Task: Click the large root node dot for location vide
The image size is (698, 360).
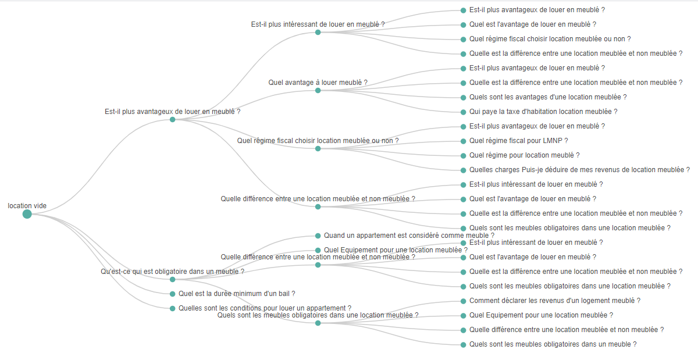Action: (x=27, y=214)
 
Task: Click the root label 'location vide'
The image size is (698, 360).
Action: (x=27, y=206)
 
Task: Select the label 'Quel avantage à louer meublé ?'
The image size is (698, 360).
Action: (x=318, y=83)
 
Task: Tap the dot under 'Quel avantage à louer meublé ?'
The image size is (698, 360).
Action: (x=318, y=90)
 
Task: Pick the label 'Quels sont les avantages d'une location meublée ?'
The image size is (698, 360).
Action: (x=548, y=97)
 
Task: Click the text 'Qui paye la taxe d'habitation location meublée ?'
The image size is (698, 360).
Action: (x=543, y=112)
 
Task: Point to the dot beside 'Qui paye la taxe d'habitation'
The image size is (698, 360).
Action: (x=463, y=112)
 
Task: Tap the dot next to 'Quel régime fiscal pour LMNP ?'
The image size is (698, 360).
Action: (x=463, y=141)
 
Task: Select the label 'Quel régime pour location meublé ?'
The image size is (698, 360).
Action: (x=524, y=155)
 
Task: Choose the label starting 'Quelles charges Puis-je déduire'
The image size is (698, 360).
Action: (x=579, y=170)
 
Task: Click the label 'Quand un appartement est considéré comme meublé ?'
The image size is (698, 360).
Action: (x=409, y=236)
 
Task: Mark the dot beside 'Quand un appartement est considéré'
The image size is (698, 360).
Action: (x=318, y=236)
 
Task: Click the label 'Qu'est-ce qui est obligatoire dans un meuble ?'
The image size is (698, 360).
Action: (x=172, y=272)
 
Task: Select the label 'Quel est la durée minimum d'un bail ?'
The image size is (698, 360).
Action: (x=237, y=294)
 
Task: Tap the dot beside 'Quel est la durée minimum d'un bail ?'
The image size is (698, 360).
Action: (x=172, y=294)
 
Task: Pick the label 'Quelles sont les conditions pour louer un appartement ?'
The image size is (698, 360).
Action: (x=265, y=308)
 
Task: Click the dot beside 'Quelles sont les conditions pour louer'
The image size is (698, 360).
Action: (x=172, y=308)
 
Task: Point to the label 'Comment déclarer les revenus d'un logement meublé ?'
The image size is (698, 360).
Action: (x=554, y=301)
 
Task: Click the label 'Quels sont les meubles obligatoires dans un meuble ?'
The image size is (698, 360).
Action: (x=553, y=344)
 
